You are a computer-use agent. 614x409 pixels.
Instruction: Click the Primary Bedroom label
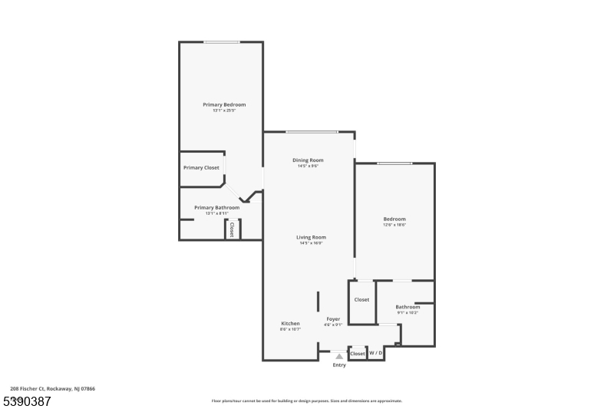click(224, 104)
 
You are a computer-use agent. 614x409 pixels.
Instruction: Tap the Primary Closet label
click(201, 167)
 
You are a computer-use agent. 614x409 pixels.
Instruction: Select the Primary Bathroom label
click(216, 207)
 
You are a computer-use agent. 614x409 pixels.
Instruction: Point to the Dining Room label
click(308, 160)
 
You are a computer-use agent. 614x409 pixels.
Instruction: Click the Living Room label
click(311, 237)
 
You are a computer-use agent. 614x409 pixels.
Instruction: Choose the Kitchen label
click(290, 323)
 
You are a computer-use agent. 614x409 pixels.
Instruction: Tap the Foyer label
click(332, 318)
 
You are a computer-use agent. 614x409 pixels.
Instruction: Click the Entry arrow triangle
click(339, 356)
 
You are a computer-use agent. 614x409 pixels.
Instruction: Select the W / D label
click(376, 354)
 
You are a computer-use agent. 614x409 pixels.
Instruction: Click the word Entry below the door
click(339, 365)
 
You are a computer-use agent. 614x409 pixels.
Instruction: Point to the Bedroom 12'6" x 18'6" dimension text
click(394, 225)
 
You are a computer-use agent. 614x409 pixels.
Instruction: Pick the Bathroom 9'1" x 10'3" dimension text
click(408, 312)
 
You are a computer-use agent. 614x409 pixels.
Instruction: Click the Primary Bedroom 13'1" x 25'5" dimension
click(224, 110)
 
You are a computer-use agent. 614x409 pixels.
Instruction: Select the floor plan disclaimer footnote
click(306, 401)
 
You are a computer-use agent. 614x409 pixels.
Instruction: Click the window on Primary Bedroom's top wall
click(221, 42)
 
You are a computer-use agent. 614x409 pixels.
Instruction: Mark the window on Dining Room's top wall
click(312, 132)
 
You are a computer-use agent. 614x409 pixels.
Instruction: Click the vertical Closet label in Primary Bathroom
click(232, 229)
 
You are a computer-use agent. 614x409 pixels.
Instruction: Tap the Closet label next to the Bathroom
click(361, 299)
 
